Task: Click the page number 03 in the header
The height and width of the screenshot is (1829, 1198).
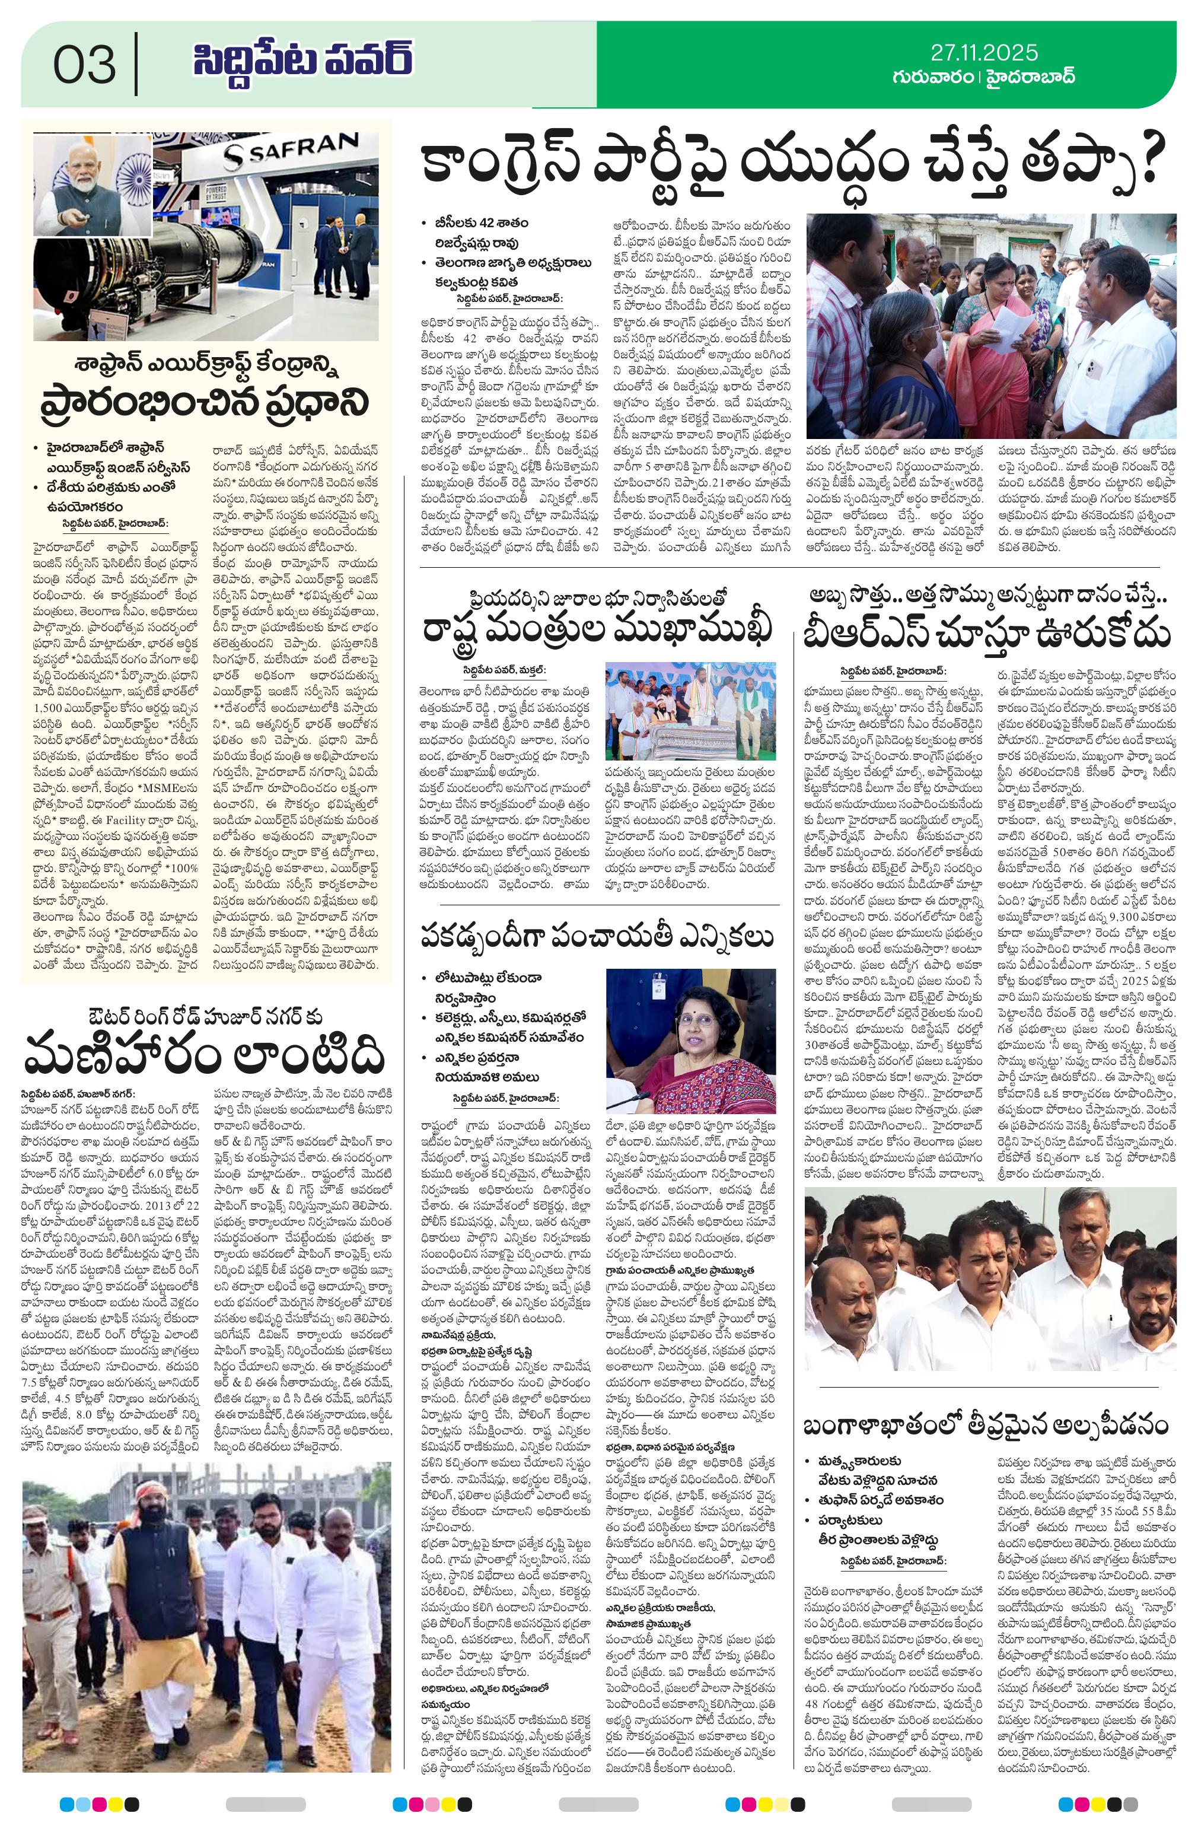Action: [85, 65]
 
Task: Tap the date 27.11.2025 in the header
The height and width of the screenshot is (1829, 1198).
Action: [983, 52]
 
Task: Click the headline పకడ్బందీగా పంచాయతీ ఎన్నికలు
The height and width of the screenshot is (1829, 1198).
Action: [596, 937]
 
